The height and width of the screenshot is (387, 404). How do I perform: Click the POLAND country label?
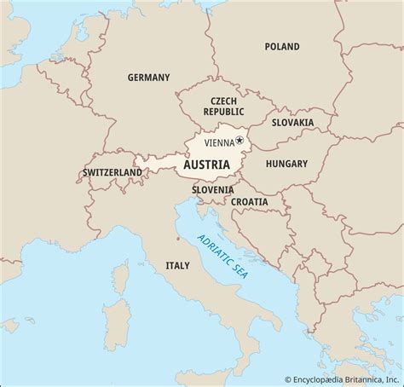point(281,46)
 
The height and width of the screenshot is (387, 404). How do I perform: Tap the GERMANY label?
point(149,77)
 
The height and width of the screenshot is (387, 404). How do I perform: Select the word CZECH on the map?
point(218,100)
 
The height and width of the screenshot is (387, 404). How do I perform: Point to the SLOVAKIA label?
point(292,123)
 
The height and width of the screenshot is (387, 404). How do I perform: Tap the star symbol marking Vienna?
point(240,141)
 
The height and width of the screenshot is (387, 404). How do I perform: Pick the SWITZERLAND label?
point(113,172)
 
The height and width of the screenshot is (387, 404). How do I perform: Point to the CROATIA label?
point(249,202)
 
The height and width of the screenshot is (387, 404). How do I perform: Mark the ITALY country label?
point(177,266)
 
